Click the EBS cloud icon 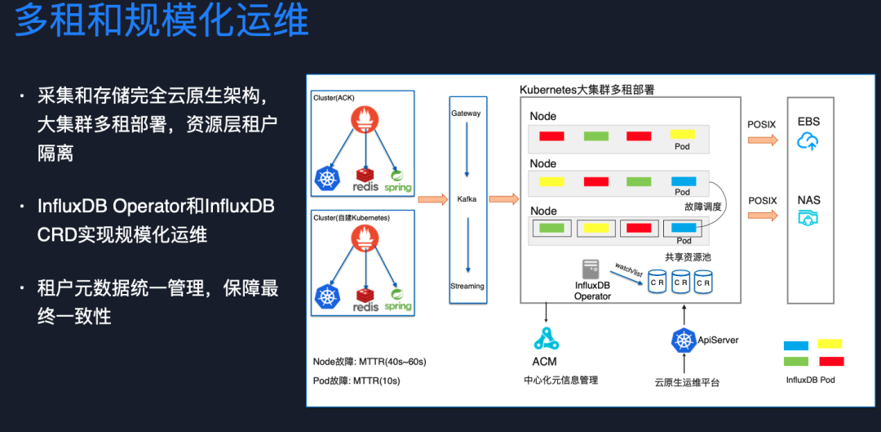pyautogui.click(x=808, y=141)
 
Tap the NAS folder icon pyautogui.click(x=808, y=219)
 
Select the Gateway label pyautogui.click(x=466, y=114)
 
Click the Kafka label pyautogui.click(x=467, y=199)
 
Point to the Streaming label pyautogui.click(x=467, y=286)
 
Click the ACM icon pyautogui.click(x=546, y=337)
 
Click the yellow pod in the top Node pyautogui.click(x=682, y=134)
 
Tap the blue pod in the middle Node pyautogui.click(x=682, y=181)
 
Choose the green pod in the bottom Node pyautogui.click(x=552, y=228)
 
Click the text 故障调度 pyautogui.click(x=704, y=207)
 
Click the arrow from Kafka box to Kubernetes pyautogui.click(x=503, y=198)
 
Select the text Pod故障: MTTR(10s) pyautogui.click(x=356, y=381)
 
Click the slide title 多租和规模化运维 pyautogui.click(x=162, y=20)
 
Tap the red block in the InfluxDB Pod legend pyautogui.click(x=831, y=361)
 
